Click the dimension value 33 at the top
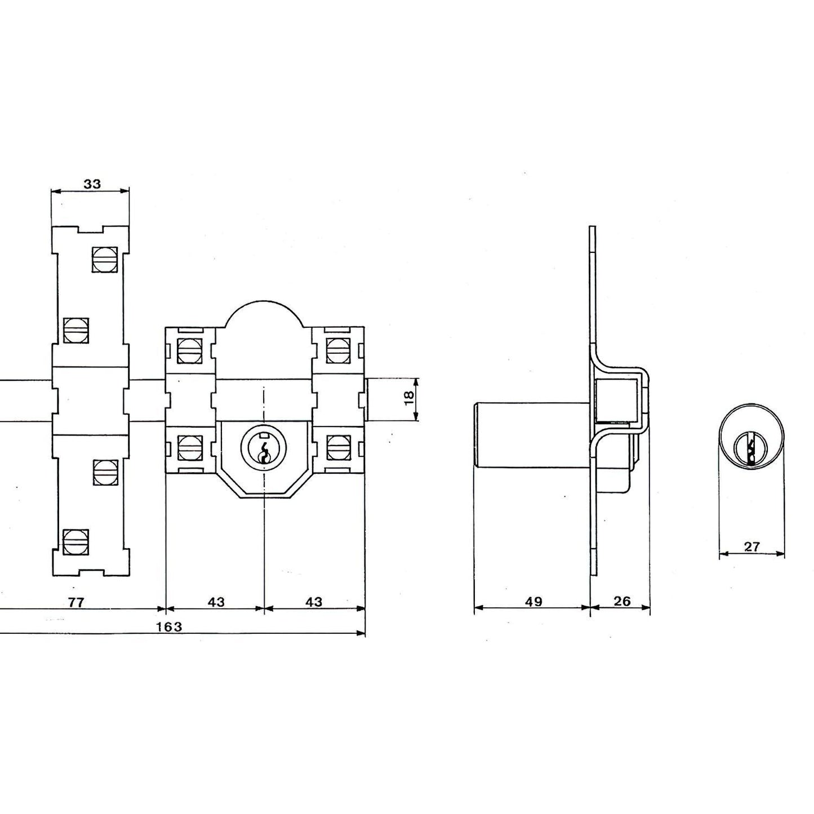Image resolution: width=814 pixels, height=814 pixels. pyautogui.click(x=92, y=184)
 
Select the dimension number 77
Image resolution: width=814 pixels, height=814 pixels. pyautogui.click(x=76, y=602)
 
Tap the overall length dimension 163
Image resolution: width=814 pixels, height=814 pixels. pyautogui.click(x=170, y=626)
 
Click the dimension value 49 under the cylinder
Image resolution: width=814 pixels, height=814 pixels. pyautogui.click(x=533, y=602)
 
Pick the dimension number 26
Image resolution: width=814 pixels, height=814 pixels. pyautogui.click(x=621, y=601)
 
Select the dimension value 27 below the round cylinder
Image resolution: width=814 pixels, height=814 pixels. pyautogui.click(x=752, y=546)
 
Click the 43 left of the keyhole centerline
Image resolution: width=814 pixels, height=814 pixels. pyautogui.click(x=216, y=602)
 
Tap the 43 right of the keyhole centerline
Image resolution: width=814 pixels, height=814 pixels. pyautogui.click(x=314, y=602)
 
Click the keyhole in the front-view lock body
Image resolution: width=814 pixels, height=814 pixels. pyautogui.click(x=264, y=448)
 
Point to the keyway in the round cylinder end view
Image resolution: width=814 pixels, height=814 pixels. pyautogui.click(x=751, y=449)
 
